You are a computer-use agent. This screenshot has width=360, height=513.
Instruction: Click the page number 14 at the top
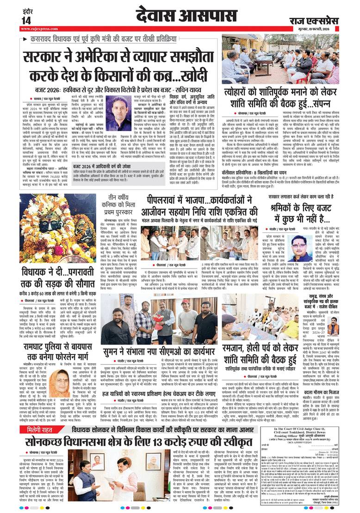coord(26,20)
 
